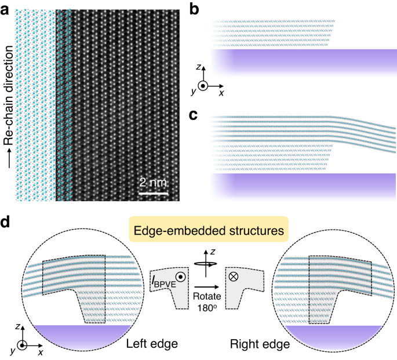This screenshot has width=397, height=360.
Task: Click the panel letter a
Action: [6, 8]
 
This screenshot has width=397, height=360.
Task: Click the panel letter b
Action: [195, 8]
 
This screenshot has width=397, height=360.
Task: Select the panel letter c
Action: [195, 114]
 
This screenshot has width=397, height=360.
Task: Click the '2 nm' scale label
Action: [153, 183]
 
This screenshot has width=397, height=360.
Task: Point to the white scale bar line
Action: [153, 192]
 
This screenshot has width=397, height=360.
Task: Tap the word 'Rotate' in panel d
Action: [207, 293]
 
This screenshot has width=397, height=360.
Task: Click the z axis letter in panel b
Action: [199, 68]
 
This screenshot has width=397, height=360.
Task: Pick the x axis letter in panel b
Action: [223, 93]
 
